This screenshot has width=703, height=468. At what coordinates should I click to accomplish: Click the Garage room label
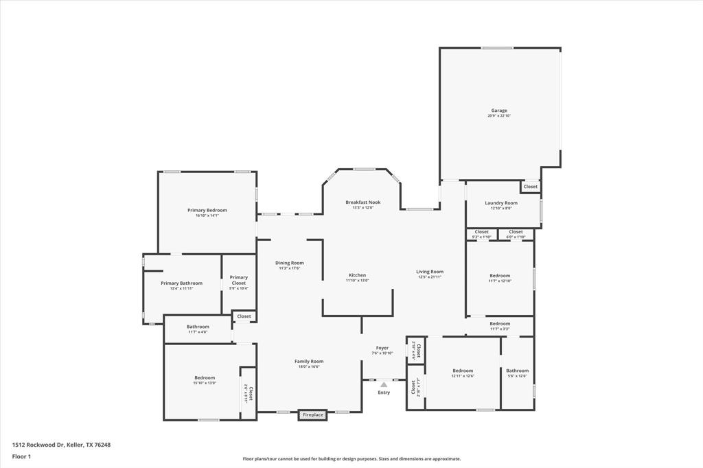click(499, 110)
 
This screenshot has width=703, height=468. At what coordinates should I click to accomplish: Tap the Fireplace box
click(313, 414)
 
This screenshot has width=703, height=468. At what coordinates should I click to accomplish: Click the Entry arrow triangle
click(384, 385)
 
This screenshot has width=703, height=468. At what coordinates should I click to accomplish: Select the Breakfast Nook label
click(362, 202)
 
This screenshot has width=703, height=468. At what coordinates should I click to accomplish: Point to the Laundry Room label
click(501, 203)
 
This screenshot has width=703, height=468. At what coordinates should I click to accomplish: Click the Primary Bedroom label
click(207, 210)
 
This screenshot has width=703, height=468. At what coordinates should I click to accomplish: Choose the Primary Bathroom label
click(182, 283)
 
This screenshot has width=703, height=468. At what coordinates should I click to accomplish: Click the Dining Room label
click(289, 263)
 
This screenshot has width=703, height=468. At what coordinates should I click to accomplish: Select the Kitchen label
click(357, 275)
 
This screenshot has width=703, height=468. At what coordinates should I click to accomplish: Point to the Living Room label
click(430, 272)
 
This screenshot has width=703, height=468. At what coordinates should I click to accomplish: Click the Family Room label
click(309, 362)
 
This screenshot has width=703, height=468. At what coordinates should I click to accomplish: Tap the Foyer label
click(382, 348)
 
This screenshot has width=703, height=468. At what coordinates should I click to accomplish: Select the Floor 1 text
click(21, 456)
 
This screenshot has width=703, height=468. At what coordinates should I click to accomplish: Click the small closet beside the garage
click(531, 187)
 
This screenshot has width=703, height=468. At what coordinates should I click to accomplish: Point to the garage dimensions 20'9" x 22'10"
click(499, 116)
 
